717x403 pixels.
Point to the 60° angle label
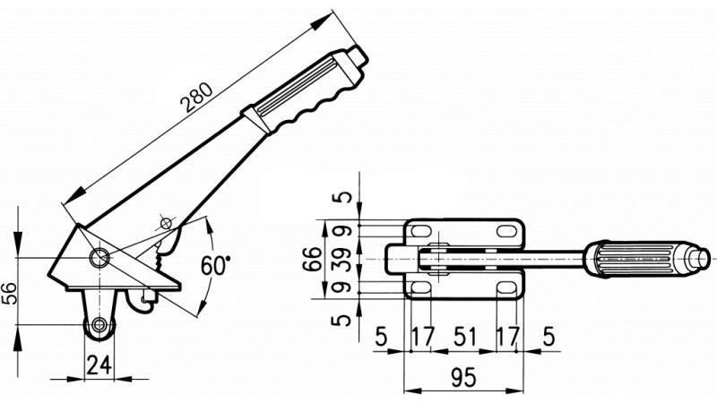point(215,266)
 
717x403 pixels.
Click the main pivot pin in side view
point(99,258)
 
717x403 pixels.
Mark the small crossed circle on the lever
point(165,222)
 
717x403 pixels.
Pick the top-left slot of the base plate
point(419,231)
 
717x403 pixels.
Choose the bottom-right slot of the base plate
point(505,288)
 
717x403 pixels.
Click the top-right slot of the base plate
point(505,231)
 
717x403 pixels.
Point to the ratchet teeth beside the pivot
point(160,260)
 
